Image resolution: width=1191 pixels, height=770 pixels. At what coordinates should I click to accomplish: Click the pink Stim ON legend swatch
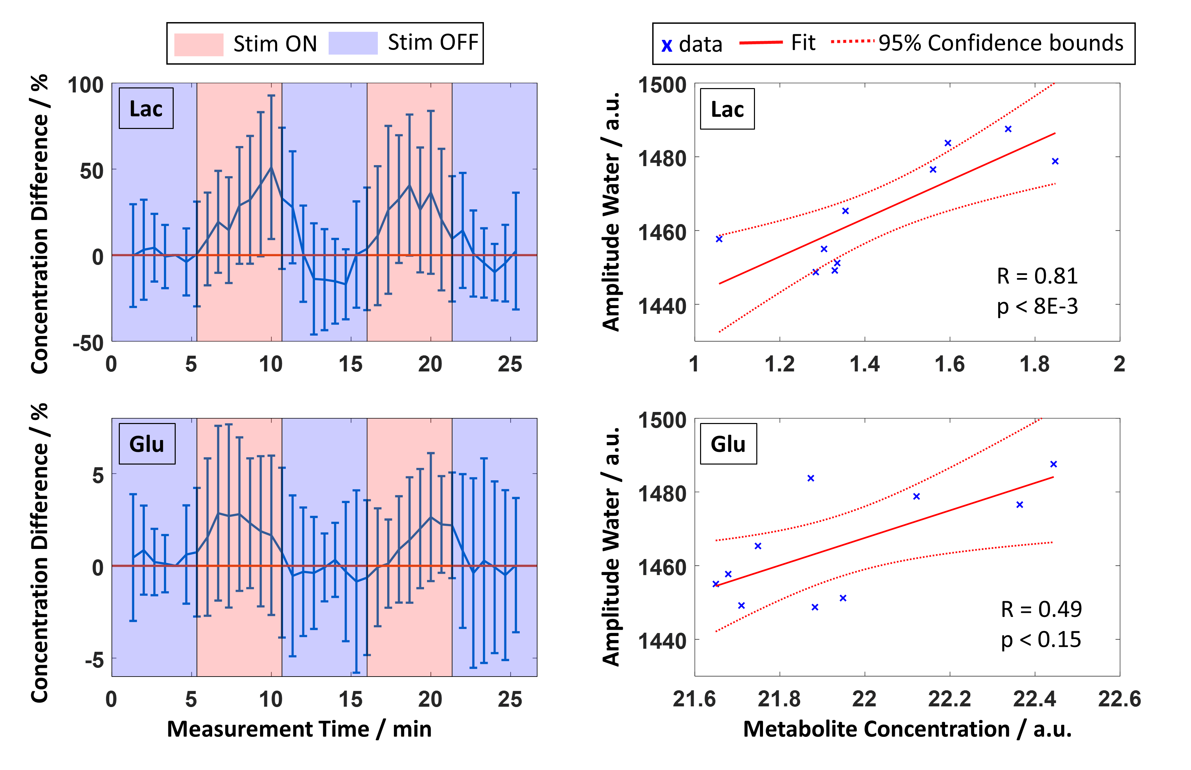click(x=198, y=44)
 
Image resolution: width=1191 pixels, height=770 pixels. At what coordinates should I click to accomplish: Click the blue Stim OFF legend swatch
click(x=353, y=43)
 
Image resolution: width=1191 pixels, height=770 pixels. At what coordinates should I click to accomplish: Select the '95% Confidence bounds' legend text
click(x=1001, y=43)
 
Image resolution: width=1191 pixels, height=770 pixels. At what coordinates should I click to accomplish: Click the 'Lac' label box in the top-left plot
click(x=146, y=109)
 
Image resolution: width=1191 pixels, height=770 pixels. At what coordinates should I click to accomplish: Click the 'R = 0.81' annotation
click(x=1037, y=276)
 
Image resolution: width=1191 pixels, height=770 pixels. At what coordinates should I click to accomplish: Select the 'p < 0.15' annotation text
click(x=1041, y=639)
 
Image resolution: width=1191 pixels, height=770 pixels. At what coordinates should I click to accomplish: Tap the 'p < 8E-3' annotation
click(x=1037, y=306)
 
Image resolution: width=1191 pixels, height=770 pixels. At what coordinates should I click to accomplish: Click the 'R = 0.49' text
click(x=1041, y=609)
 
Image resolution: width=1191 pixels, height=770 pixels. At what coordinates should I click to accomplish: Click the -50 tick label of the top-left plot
click(x=88, y=344)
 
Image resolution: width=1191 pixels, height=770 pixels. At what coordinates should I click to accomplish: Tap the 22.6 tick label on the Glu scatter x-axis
click(x=1119, y=699)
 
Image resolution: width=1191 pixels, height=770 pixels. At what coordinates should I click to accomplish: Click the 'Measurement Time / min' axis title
click(x=299, y=729)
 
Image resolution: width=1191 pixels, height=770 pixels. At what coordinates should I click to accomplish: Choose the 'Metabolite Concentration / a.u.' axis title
click(x=907, y=729)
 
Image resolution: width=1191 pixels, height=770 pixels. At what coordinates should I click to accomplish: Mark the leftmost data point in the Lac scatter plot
click(x=719, y=239)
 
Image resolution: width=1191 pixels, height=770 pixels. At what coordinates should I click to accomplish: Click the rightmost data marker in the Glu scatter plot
click(x=1053, y=464)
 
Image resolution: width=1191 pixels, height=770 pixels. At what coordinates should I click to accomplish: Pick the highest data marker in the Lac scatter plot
click(x=1008, y=129)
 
